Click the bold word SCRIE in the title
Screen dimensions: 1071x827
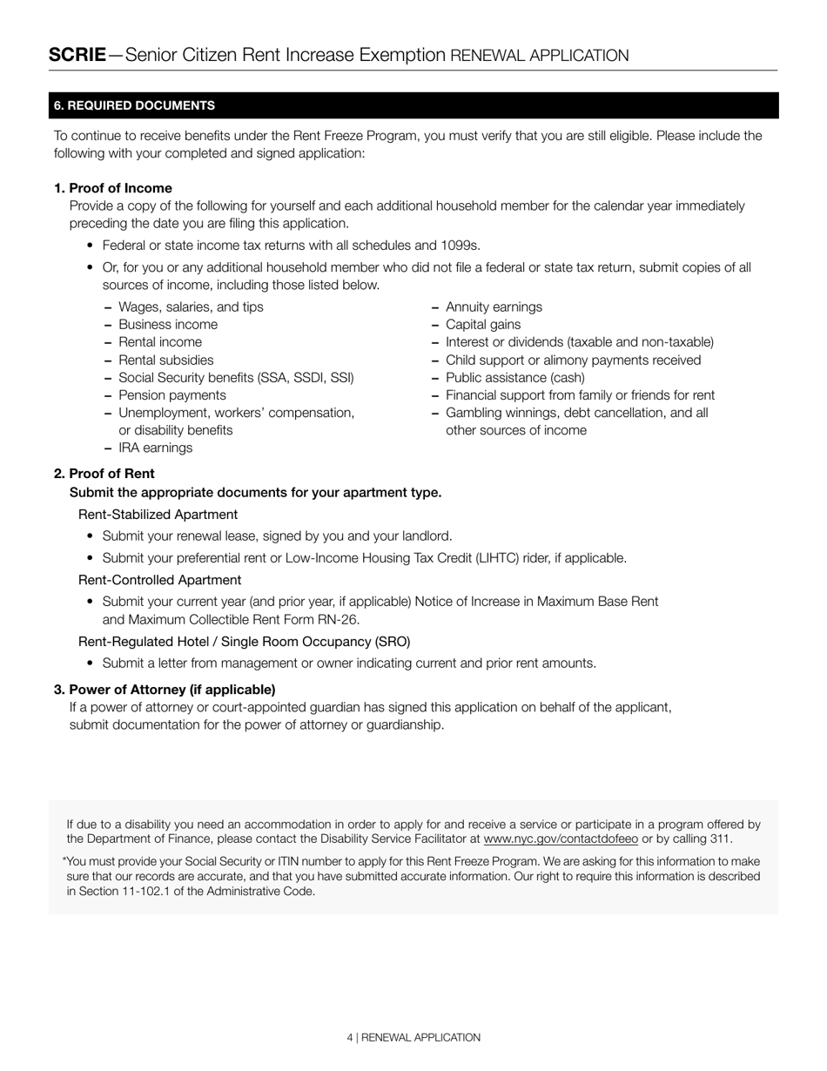point(77,55)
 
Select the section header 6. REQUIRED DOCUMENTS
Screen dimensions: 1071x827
point(134,105)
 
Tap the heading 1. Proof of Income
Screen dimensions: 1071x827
point(113,188)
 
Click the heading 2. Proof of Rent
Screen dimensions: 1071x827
point(104,474)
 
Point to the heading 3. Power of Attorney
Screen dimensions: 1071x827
point(165,689)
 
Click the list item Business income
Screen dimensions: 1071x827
point(168,325)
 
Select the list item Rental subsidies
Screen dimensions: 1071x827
point(165,360)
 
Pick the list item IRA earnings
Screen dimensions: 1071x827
point(155,448)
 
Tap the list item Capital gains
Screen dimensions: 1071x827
point(483,325)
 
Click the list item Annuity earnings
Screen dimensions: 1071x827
point(494,306)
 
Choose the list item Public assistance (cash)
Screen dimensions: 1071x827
point(515,377)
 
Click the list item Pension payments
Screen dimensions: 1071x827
point(171,395)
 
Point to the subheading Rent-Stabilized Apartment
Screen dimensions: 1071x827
point(158,515)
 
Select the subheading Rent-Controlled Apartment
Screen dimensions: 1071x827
point(159,580)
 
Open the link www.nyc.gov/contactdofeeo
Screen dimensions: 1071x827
point(561,839)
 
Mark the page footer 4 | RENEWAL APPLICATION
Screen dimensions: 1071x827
point(413,1037)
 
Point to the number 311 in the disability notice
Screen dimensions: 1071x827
point(720,839)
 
